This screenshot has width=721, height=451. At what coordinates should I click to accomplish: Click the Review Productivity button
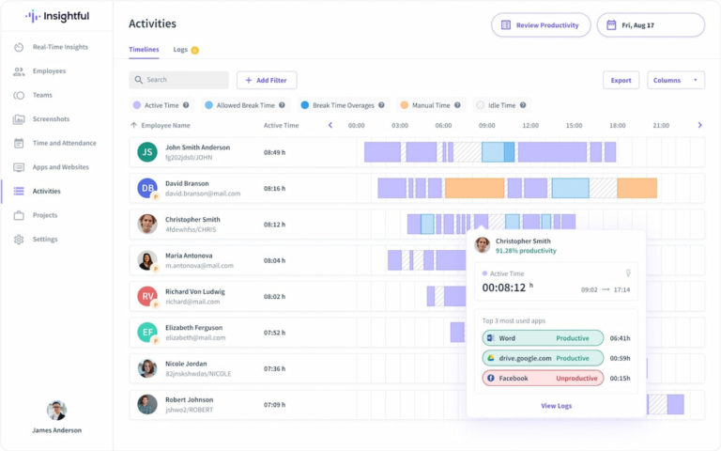[x=541, y=25]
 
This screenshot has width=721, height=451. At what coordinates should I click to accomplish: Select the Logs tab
[x=181, y=50]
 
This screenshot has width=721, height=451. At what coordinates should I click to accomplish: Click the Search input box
[x=179, y=80]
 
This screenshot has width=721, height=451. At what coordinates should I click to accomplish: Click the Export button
[x=621, y=80]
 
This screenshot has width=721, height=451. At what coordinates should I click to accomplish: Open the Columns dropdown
[x=676, y=80]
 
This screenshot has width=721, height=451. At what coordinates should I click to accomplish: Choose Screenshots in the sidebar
[x=51, y=119]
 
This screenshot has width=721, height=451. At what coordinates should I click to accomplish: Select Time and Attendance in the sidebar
[x=64, y=143]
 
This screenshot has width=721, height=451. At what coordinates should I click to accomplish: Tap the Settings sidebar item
[x=45, y=240]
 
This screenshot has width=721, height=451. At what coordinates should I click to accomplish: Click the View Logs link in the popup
[x=556, y=406]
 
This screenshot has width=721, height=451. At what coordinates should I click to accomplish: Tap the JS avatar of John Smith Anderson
[x=147, y=151]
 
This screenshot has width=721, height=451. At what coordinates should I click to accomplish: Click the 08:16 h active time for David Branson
[x=274, y=188]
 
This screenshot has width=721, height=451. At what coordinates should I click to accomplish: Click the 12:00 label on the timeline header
[x=530, y=125]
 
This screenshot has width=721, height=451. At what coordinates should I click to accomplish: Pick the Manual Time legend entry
[x=431, y=105]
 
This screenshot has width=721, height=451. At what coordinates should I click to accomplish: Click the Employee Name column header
[x=166, y=125]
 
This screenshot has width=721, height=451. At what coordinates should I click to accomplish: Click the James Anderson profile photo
[x=56, y=411]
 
